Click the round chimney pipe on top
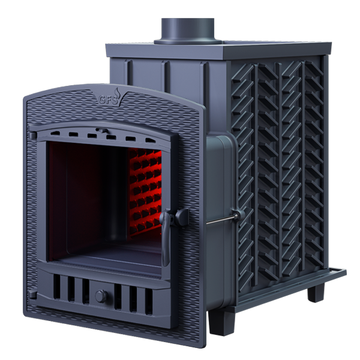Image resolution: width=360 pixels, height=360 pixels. [x=188, y=31]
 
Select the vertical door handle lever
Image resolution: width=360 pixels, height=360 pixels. [x=166, y=236]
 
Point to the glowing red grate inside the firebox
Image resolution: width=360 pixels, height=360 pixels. [x=145, y=191]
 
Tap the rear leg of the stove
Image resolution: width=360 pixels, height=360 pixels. [x=316, y=292]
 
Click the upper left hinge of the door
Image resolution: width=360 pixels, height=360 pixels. [x=32, y=135]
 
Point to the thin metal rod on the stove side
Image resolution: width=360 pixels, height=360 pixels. [x=222, y=219]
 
